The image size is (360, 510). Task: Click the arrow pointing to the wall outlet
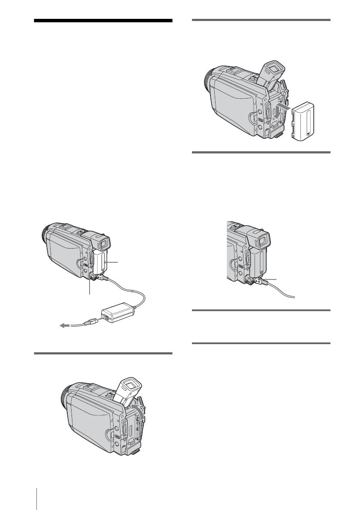pos(64,326)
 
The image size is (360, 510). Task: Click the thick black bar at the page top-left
pos(103,21)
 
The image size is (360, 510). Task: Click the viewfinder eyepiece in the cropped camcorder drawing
pos(261,239)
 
